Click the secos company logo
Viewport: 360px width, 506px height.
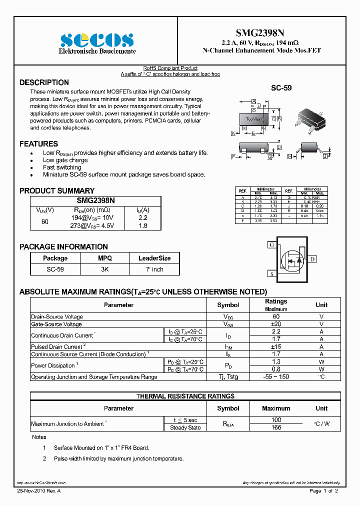(97, 40)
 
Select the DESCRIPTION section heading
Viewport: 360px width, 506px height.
(44, 82)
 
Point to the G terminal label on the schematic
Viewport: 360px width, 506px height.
(271, 245)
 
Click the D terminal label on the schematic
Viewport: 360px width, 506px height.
(312, 259)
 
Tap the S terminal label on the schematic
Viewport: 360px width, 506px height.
(271, 274)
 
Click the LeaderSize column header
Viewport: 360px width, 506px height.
(154, 258)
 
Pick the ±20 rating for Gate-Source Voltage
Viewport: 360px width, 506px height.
(276, 324)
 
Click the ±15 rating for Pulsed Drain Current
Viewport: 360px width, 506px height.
(276, 346)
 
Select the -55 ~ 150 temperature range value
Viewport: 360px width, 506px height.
(276, 376)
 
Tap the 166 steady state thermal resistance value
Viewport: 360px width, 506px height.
(276, 427)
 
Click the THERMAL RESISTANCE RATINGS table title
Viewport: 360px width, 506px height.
(185, 396)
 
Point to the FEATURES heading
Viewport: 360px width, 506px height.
(38, 144)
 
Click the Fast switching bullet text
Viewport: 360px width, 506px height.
(62, 167)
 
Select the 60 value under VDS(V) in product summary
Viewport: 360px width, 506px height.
(45, 221)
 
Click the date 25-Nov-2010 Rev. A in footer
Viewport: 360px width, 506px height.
(41, 491)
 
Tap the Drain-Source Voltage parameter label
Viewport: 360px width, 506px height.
(57, 316)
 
